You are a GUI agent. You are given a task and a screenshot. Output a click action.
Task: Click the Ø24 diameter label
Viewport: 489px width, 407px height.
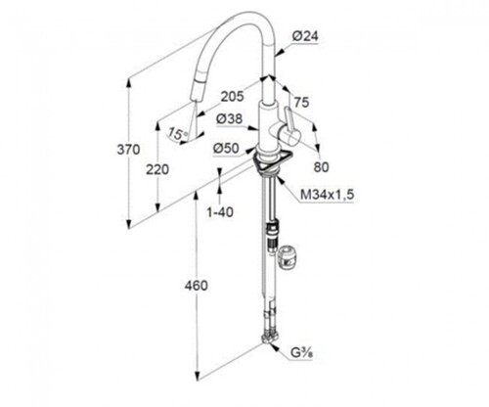pyautogui.click(x=305, y=36)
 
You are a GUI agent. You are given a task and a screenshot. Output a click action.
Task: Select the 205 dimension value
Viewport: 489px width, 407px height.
pyautogui.click(x=232, y=97)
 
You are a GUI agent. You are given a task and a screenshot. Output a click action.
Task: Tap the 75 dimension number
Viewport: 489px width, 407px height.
pyautogui.click(x=301, y=103)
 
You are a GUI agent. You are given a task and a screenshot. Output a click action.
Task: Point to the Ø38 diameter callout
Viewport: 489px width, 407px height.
pyautogui.click(x=230, y=119)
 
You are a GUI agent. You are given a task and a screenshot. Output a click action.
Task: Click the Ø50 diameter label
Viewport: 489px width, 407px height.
pyautogui.click(x=226, y=149)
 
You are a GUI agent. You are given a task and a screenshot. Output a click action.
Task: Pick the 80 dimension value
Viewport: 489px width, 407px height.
pyautogui.click(x=322, y=167)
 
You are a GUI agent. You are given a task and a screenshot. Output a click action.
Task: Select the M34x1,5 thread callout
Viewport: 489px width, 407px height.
pyautogui.click(x=327, y=195)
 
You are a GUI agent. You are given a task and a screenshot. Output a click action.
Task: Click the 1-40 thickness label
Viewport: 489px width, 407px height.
pyautogui.click(x=220, y=212)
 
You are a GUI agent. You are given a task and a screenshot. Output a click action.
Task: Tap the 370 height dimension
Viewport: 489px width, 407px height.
pyautogui.click(x=128, y=150)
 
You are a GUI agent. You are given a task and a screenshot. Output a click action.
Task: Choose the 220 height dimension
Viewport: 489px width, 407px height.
pyautogui.click(x=157, y=169)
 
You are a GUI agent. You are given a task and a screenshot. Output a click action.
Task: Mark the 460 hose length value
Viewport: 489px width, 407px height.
pyautogui.click(x=196, y=286)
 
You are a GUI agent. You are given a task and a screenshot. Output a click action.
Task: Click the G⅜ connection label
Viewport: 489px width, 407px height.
pyautogui.click(x=301, y=353)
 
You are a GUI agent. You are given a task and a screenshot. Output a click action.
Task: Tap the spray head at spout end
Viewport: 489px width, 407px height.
pyautogui.click(x=196, y=89)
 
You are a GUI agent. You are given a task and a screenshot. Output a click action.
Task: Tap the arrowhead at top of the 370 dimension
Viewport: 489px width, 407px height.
pyautogui.click(x=129, y=83)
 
